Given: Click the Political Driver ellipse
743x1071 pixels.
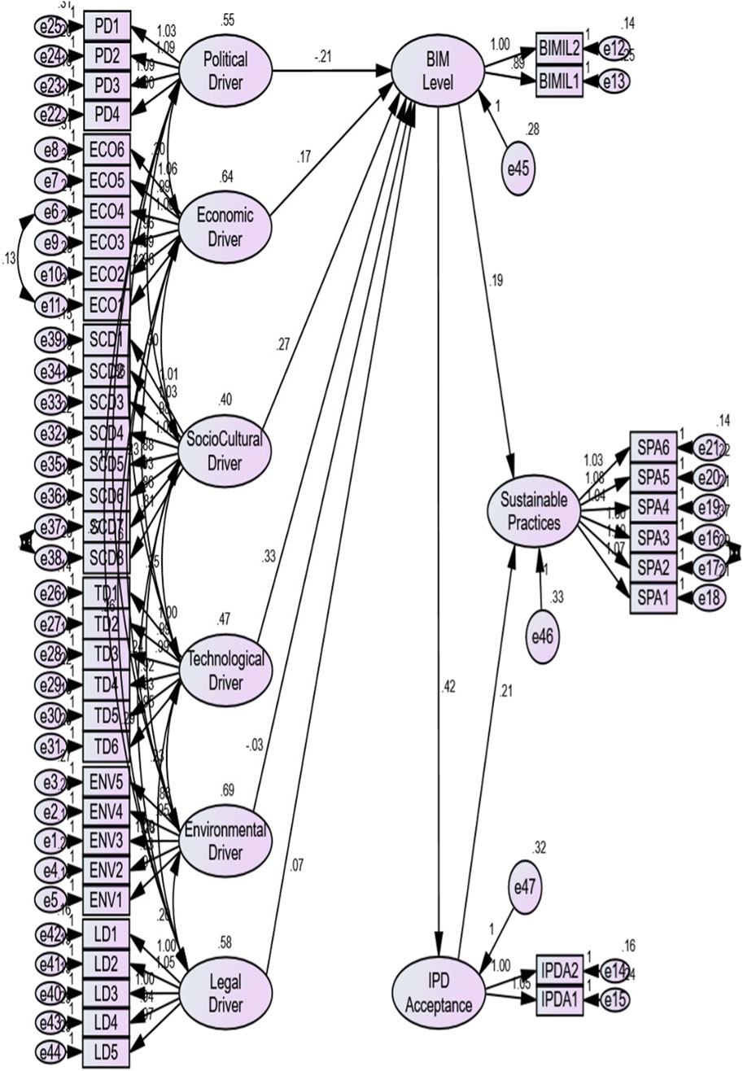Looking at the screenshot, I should point(214,69).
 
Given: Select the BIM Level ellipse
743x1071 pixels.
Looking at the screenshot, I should point(438,71).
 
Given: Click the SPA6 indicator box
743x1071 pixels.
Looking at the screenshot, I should point(653,447).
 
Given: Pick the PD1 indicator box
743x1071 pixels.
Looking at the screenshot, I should point(107,27).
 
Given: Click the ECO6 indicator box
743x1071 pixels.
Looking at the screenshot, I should point(107,150).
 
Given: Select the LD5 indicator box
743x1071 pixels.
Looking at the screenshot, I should point(106,1054).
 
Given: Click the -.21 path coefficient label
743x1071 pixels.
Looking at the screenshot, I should point(327,56).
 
